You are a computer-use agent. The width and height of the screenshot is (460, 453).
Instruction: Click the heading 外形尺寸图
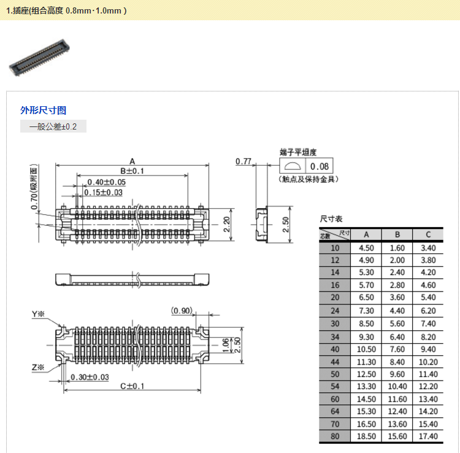click(43, 110)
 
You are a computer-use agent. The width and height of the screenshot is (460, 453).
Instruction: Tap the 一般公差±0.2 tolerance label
click(54, 127)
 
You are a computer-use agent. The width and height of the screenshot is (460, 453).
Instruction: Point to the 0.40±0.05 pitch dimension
click(106, 182)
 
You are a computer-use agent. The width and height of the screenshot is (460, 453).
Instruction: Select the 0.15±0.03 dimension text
click(103, 192)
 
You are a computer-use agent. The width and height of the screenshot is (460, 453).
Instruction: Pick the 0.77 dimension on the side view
click(243, 161)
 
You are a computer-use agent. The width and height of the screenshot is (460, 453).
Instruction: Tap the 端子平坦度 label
click(298, 152)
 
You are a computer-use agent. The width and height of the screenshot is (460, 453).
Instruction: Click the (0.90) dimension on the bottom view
click(182, 310)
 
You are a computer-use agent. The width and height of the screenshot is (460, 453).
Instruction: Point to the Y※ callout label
click(39, 315)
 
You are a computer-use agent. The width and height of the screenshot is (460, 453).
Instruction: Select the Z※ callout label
click(39, 368)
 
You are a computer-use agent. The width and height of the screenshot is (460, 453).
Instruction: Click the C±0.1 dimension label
click(132, 386)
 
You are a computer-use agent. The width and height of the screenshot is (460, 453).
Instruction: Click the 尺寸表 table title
click(331, 219)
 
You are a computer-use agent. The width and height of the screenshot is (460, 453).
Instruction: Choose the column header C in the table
click(428, 234)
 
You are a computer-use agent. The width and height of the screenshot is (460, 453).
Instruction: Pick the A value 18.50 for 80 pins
click(366, 436)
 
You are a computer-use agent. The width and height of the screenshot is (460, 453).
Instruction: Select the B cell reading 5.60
click(397, 323)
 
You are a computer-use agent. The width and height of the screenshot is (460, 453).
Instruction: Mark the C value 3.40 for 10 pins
click(428, 248)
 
